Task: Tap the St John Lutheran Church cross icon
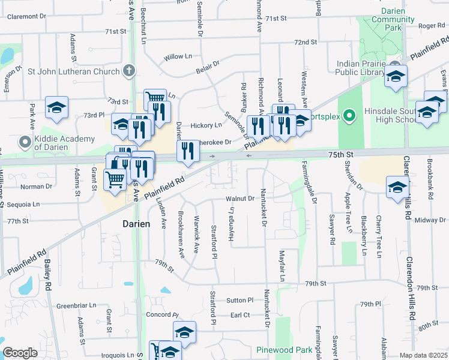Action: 128,71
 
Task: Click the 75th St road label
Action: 357,155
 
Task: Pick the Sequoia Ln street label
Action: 19,204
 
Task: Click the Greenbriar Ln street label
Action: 77,305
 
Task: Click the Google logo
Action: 20,353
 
